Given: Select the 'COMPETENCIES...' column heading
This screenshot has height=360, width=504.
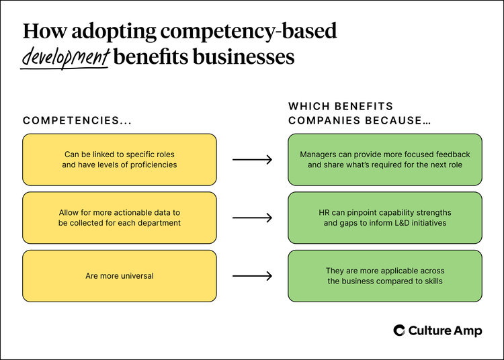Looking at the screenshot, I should pyautogui.click(x=77, y=121).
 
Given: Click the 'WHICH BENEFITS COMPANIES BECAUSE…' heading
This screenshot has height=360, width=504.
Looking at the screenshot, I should pyautogui.click(x=360, y=114).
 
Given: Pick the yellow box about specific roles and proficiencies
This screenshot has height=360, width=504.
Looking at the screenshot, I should pyautogui.click(x=120, y=159).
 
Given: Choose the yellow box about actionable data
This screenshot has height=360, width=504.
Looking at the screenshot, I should pyautogui.click(x=120, y=218).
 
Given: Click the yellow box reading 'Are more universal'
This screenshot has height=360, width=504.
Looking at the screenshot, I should pyautogui.click(x=120, y=275).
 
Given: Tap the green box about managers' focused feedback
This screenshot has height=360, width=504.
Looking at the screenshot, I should pyautogui.click(x=385, y=159).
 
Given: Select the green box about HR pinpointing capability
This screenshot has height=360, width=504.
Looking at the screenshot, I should pyautogui.click(x=385, y=218).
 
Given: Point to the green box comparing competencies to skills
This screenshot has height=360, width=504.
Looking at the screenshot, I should pyautogui.click(x=385, y=275).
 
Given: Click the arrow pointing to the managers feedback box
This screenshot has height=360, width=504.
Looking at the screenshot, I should pyautogui.click(x=252, y=160).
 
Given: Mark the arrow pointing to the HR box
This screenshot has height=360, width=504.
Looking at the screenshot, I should pyautogui.click(x=252, y=218).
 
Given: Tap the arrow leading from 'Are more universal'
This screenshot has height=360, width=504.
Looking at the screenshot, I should pyautogui.click(x=252, y=275).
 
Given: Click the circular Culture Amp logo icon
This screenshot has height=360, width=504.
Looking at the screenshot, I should pyautogui.click(x=399, y=330).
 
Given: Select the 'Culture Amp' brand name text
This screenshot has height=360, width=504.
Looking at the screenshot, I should pyautogui.click(x=445, y=330).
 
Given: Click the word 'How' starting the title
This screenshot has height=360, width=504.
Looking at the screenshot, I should pyautogui.click(x=42, y=32).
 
